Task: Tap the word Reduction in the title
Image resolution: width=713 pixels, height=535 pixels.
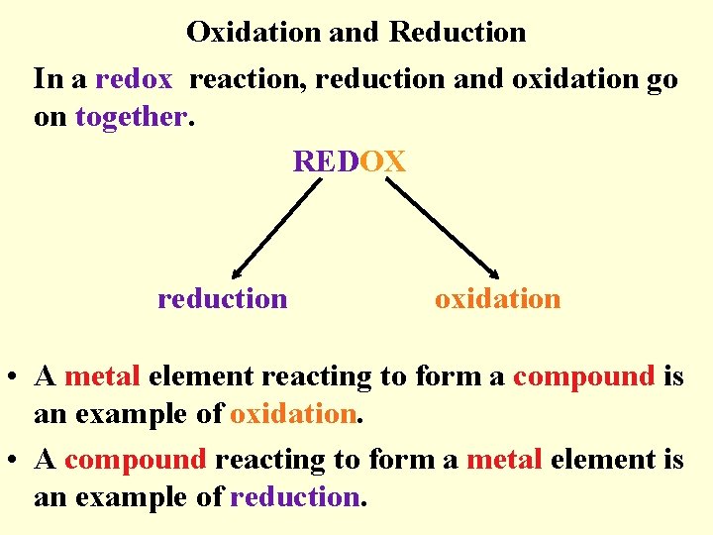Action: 458,32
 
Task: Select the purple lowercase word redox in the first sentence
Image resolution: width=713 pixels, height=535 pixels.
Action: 134,78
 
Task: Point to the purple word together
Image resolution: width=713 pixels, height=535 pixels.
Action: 130,116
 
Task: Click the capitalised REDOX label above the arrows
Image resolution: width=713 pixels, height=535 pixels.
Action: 349,160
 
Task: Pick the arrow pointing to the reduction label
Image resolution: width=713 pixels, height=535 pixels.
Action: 277,229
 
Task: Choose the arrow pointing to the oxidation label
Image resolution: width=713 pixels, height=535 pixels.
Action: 441,229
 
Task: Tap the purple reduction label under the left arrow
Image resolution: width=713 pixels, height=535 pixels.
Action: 223,298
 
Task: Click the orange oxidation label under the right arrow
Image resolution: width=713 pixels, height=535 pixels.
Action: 497,298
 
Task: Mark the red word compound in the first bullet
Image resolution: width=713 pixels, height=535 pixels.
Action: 584,376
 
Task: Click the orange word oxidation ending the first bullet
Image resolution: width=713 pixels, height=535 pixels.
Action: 292,414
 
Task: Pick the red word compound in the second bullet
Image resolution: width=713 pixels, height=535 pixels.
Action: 136,460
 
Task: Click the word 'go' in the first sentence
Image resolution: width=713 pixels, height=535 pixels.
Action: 662,78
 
